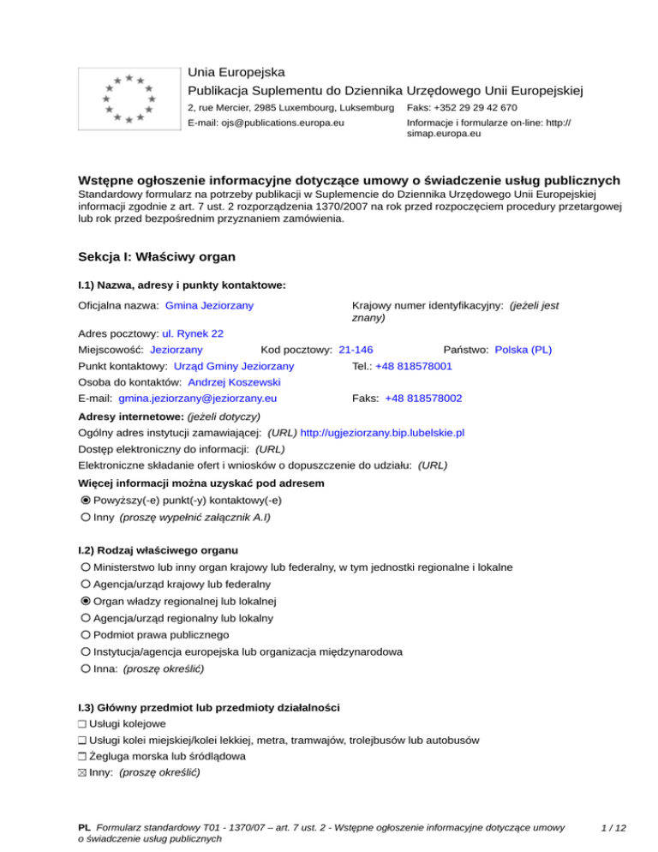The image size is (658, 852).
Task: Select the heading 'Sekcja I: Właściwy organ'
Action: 156,256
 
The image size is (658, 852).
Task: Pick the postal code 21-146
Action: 356,350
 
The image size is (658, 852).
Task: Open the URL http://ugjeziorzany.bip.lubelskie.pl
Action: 382,434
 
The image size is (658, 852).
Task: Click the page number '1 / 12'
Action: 614,828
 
